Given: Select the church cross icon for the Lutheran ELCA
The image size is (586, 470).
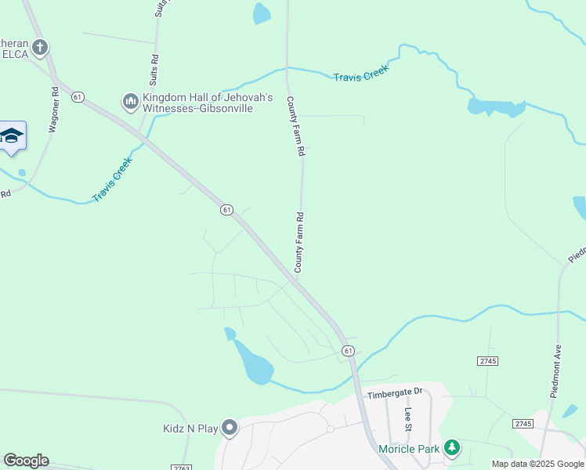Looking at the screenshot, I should coord(39,47).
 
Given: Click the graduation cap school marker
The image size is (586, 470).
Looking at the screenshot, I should coord(12,137).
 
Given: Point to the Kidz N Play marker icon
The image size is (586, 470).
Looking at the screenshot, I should coord(230,427).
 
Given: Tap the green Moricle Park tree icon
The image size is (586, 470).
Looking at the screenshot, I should coord(451,448).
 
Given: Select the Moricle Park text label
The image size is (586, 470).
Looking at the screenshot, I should coord(408,449).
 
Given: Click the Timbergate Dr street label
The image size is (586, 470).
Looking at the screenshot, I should coord(395,391).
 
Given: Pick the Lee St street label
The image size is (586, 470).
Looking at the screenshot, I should coord(408,418).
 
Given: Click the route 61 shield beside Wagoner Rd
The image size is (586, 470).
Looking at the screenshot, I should coord(77,96).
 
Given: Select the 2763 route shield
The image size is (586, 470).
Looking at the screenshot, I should coord(180,467).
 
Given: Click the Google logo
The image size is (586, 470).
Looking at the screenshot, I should coord(26,461).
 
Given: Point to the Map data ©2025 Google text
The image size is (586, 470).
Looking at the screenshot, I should coord(537,464).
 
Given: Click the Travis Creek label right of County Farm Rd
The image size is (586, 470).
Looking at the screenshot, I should coord(360,74).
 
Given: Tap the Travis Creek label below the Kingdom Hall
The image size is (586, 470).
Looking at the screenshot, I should coord(113,179).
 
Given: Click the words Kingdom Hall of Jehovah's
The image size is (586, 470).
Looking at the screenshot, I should coord(207,97).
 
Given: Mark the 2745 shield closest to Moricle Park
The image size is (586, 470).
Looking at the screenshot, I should coord(523,423).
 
